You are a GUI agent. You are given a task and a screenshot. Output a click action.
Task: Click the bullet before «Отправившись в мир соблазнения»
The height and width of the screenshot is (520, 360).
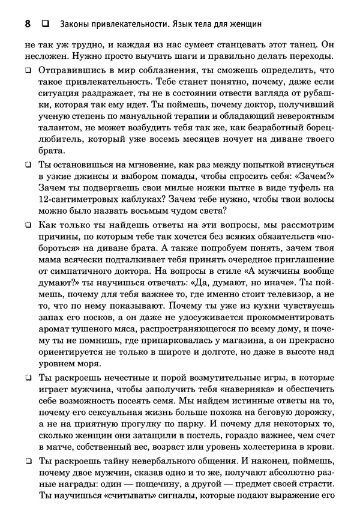tap(28, 71)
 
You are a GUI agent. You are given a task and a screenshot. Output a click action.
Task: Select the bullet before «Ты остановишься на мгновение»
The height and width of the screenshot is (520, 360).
tap(28, 164)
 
